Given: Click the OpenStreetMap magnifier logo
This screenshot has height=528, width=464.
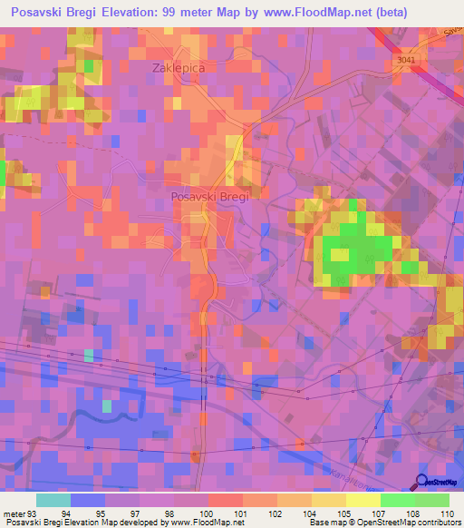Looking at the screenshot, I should pyautogui.click(x=423, y=482).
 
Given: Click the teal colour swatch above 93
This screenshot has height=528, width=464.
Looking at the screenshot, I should pyautogui.click(x=53, y=500).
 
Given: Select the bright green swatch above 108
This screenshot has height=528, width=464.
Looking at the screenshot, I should pyautogui.click(x=397, y=500).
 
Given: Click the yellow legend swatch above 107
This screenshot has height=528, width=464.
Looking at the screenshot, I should pyautogui.click(x=362, y=500).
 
